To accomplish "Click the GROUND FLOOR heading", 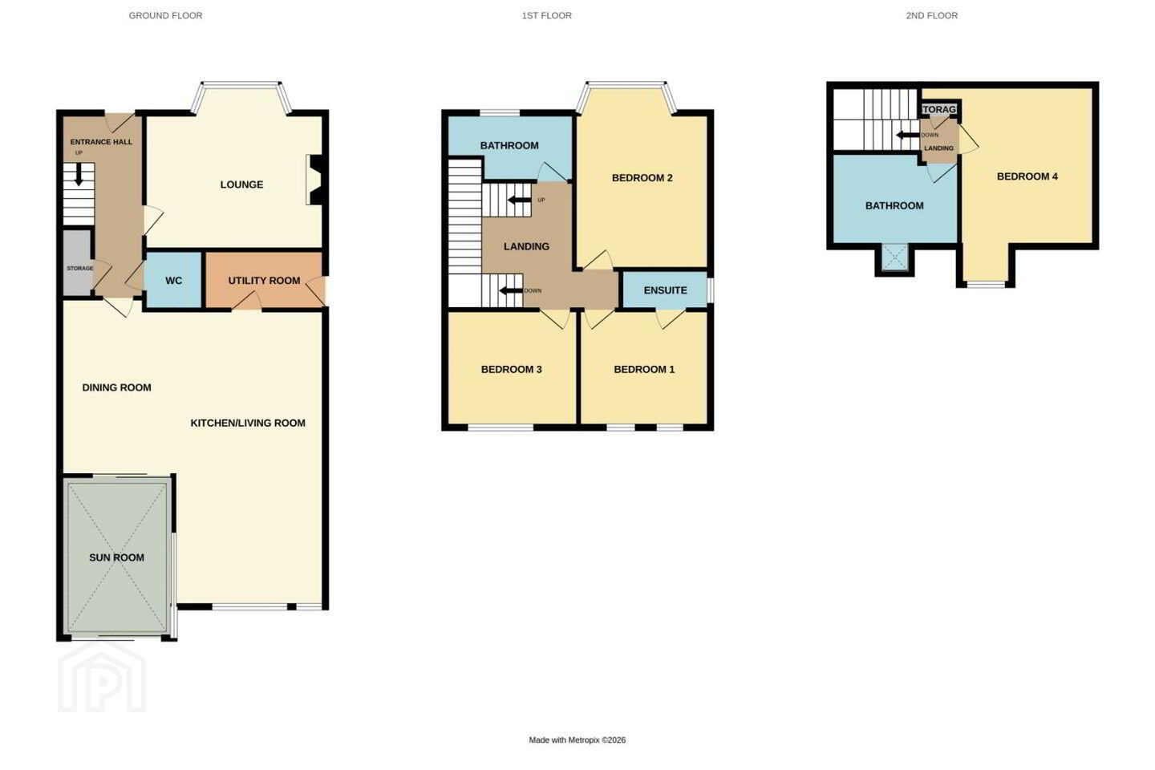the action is point(165,15).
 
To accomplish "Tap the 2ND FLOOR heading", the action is point(932,15).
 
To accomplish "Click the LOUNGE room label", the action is point(242,184).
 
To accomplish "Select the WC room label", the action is point(174,281).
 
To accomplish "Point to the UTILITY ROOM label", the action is point(264,281).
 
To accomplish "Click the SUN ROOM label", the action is point(116,557).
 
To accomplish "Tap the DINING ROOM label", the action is point(116,387).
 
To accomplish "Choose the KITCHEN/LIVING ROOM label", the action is point(248,423).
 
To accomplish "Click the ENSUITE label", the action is point(665,290).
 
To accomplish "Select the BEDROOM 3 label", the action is point(511,369).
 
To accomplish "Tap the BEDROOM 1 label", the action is point(644,369).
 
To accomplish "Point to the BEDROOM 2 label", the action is point(642,178).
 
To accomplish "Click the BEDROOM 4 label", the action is point(1027,176).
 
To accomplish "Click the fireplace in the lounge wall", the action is point(315,180).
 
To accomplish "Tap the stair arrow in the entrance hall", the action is point(79,175).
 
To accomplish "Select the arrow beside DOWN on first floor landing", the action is point(511,291).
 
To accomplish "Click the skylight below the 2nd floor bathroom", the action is point(894,257).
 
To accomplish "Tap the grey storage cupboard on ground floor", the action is point(78,263).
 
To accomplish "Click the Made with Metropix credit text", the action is point(577,740).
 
